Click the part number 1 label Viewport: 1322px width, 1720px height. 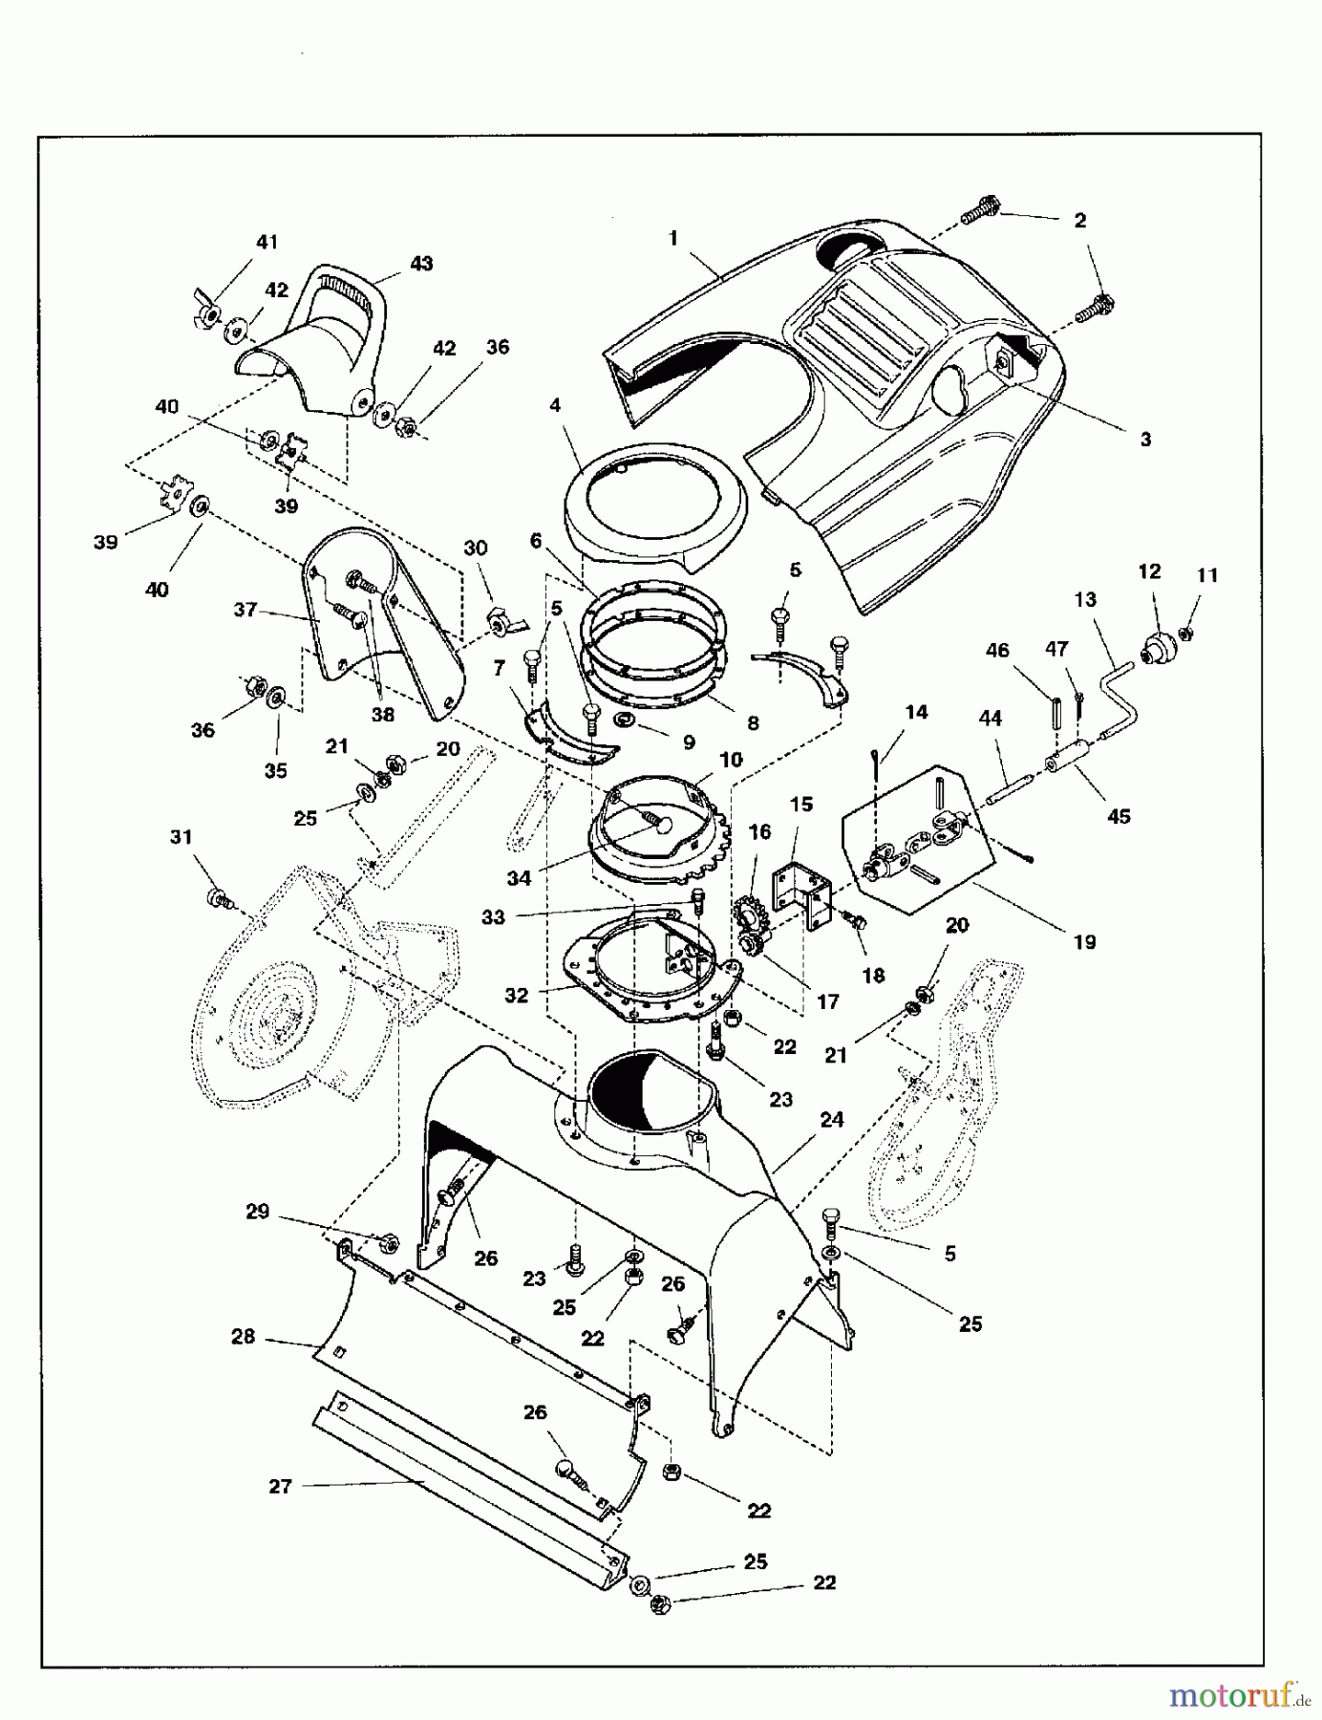click(673, 238)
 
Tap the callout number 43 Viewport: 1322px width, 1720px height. click(421, 263)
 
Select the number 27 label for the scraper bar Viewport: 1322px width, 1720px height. click(280, 1486)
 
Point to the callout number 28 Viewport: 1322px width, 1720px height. click(244, 1337)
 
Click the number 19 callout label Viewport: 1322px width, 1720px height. click(1084, 942)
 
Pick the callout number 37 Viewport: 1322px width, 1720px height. click(245, 609)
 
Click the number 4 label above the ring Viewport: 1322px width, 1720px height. click(555, 405)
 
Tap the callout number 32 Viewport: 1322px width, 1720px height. click(516, 995)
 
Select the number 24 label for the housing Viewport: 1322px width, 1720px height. click(831, 1119)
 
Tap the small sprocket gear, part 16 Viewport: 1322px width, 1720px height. click(753, 916)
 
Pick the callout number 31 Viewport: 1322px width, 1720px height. click(181, 837)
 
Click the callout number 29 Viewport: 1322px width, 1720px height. click(258, 1212)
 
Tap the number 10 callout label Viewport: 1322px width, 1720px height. click(731, 760)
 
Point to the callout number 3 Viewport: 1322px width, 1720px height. click(1145, 440)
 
